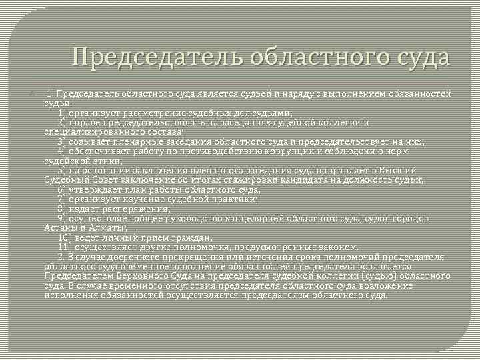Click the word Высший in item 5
(x=399, y=171)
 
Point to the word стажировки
(x=265, y=180)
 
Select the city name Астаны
(x=60, y=228)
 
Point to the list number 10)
(x=65, y=237)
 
